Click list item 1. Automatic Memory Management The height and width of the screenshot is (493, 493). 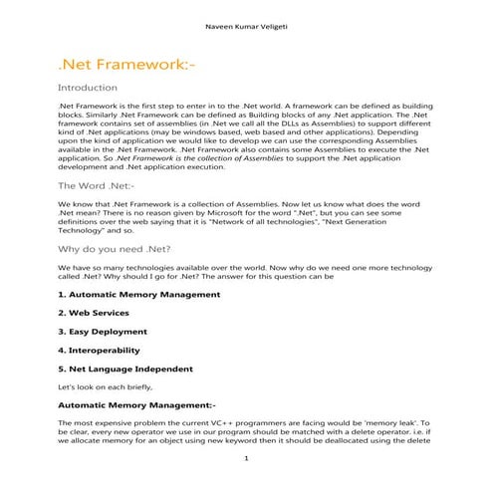click(138, 296)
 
